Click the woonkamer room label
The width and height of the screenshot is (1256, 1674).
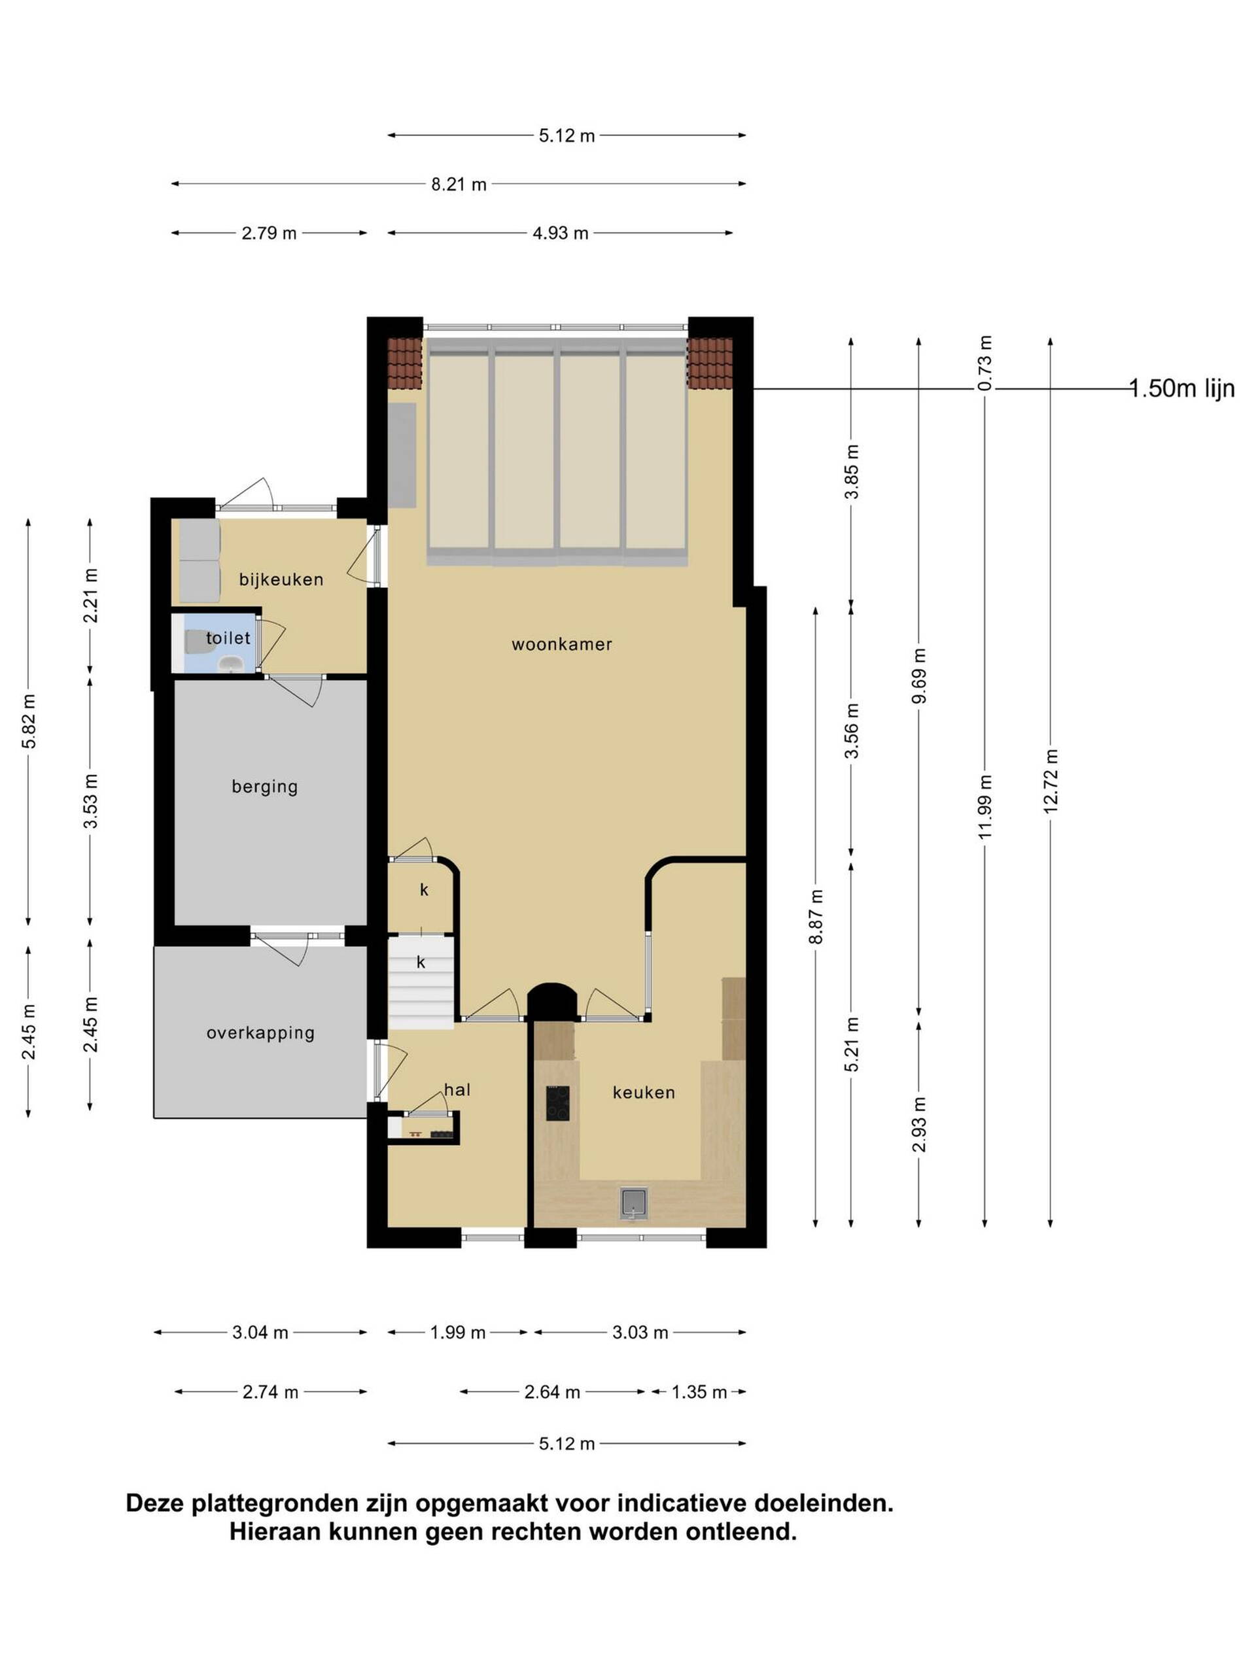click(x=561, y=644)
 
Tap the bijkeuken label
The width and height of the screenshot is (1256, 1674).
click(x=281, y=580)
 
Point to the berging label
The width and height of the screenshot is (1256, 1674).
click(x=264, y=787)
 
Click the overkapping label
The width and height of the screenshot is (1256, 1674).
click(x=260, y=1033)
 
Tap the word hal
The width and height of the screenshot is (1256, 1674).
click(x=457, y=1090)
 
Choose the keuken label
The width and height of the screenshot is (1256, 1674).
click(x=644, y=1092)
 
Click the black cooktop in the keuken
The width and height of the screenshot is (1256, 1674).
click(x=558, y=1103)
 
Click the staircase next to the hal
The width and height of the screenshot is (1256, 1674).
click(x=421, y=982)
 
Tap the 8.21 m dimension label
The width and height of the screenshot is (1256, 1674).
click(x=459, y=184)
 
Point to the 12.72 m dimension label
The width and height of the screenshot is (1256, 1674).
click(x=1050, y=781)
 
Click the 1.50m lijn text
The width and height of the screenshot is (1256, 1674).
click(x=1182, y=389)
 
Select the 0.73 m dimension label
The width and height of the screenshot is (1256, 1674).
click(x=985, y=364)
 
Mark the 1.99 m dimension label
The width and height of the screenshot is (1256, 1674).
click(x=457, y=1354)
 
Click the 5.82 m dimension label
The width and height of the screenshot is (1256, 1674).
click(x=29, y=721)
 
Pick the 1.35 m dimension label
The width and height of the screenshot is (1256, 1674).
click(x=699, y=1392)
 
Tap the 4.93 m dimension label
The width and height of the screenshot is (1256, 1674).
click(x=560, y=233)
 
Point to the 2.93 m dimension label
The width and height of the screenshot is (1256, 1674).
click(x=918, y=1125)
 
